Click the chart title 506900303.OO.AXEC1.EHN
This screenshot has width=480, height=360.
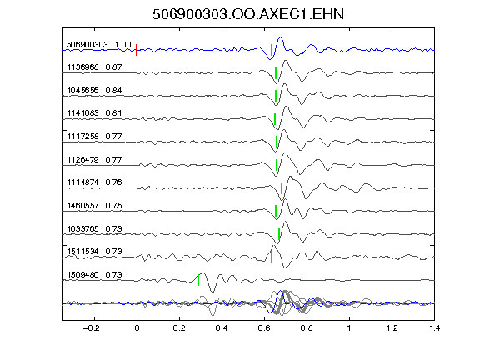click(x=248, y=14)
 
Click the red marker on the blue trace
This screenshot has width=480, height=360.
click(x=137, y=50)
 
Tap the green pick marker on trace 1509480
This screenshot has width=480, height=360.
click(x=198, y=280)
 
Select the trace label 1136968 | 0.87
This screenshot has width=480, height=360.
click(x=94, y=67)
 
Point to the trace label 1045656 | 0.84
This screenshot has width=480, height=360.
click(x=94, y=91)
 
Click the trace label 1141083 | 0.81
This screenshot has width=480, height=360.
click(x=94, y=113)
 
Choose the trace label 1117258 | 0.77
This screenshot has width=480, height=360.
click(x=94, y=136)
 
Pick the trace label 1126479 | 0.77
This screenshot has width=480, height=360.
click(x=94, y=159)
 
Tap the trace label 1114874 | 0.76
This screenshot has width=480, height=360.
click(x=94, y=182)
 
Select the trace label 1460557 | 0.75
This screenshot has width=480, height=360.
click(x=94, y=205)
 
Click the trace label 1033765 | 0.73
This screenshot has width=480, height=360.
click(x=94, y=228)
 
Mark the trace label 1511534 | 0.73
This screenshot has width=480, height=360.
click(x=94, y=252)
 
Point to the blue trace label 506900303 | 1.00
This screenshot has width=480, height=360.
click(x=99, y=45)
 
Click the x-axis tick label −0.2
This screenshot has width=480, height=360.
click(x=91, y=328)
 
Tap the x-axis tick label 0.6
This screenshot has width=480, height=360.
click(x=264, y=328)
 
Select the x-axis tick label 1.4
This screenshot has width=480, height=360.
click(x=434, y=328)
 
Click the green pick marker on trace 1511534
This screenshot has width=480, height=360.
click(x=272, y=257)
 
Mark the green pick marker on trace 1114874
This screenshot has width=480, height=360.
click(x=282, y=188)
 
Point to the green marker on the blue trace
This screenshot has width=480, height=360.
click(x=272, y=50)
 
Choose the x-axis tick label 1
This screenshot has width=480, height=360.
click(x=349, y=328)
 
